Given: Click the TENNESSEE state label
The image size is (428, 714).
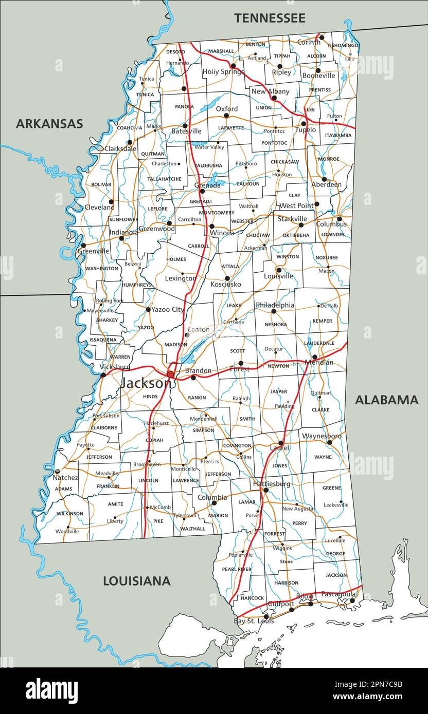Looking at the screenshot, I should pyautogui.click(x=270, y=18).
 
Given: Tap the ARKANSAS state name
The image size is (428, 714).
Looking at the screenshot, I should pyautogui.click(x=49, y=123).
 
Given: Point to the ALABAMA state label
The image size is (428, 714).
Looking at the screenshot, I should pyautogui.click(x=386, y=400).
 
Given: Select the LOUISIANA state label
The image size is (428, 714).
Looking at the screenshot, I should pyautogui.click(x=137, y=581).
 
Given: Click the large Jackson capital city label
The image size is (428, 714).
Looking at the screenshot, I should pyautogui.click(x=146, y=383).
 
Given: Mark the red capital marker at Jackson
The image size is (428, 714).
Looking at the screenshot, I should pyautogui.click(x=171, y=374).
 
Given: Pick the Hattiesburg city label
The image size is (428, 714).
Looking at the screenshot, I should pyautogui.click(x=271, y=484).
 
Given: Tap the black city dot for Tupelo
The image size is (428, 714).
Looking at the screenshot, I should pyautogui.click(x=304, y=123).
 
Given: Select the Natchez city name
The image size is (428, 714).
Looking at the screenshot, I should pyautogui.click(x=66, y=478).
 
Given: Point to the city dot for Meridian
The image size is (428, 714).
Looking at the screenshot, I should pyautogui.click(x=314, y=356).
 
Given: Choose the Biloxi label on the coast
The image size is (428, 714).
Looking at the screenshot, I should pyautogui.click(x=304, y=596).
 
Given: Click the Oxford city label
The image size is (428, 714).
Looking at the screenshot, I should pyautogui.click(x=226, y=109).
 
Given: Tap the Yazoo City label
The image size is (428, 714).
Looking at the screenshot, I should pyautogui.click(x=167, y=310).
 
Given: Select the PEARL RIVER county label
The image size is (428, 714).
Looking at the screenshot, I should pyautogui.click(x=237, y=570).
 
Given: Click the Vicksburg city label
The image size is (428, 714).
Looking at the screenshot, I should pyautogui.click(x=115, y=367).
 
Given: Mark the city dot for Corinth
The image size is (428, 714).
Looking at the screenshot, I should pyautogui.click(x=322, y=37).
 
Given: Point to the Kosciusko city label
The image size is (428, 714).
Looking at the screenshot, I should pyautogui.click(x=225, y=284).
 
